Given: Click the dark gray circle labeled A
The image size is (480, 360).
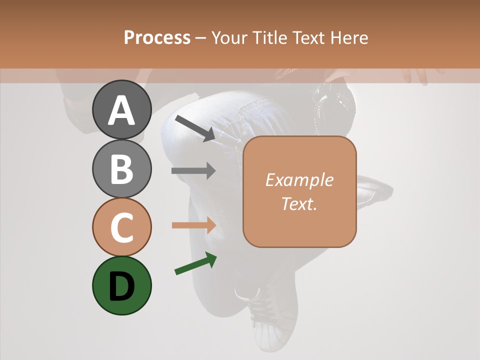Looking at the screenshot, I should (122, 109).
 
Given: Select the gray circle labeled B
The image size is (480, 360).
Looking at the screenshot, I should (122, 168).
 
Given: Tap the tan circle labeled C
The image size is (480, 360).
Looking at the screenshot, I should (122, 227).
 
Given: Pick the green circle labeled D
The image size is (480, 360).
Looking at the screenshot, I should (122, 285).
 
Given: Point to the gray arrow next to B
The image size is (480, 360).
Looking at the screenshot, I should (193, 171).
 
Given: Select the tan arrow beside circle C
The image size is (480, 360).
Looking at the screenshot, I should (193, 225).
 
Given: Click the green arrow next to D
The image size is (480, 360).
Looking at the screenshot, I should (195, 264).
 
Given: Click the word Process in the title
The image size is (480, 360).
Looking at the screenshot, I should (157, 37).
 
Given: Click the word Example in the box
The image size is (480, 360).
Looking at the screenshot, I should (299, 180).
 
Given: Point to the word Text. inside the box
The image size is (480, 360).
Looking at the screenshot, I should (299, 203).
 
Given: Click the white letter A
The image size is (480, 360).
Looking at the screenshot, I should (122, 110).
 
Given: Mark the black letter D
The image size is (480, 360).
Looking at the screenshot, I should (122, 286).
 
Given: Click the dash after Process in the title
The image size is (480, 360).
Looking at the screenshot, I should (201, 38).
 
